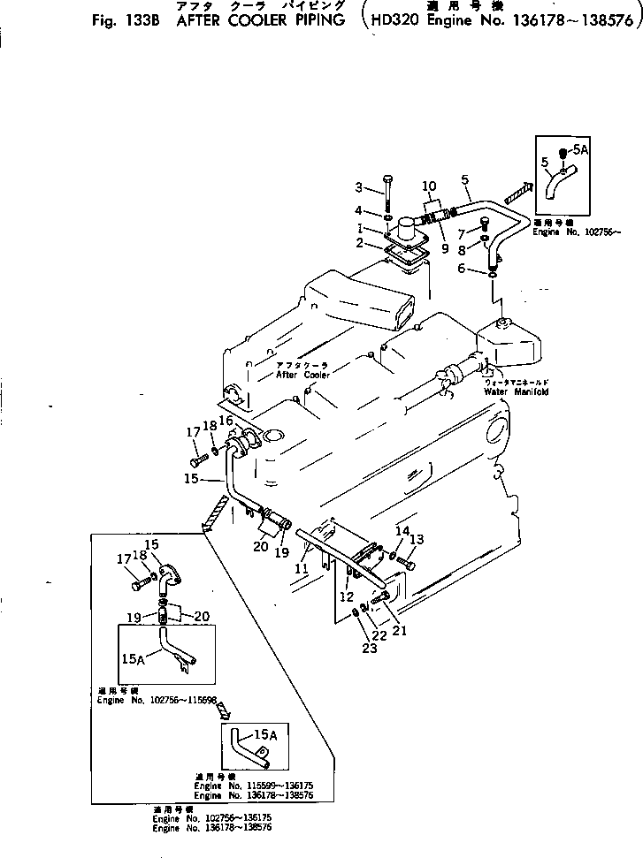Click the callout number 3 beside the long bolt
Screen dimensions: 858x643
(359, 186)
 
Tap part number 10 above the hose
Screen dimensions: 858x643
(429, 186)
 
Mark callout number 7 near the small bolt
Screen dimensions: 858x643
(461, 233)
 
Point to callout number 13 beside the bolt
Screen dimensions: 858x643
(417, 539)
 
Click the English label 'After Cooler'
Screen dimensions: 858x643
(302, 375)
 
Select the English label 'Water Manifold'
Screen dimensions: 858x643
(516, 391)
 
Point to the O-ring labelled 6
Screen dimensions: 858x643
(492, 275)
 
